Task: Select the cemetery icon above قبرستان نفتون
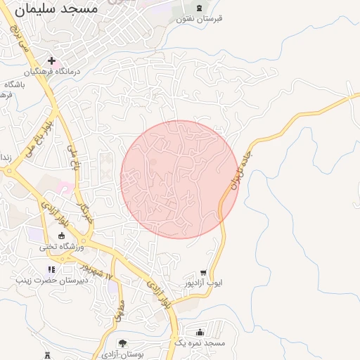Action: (x=199, y=8)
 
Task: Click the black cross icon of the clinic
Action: (x=51, y=61)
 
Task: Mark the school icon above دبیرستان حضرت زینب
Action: (x=51, y=269)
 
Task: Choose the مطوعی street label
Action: (x=117, y=314)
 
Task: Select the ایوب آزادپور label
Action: (x=203, y=283)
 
